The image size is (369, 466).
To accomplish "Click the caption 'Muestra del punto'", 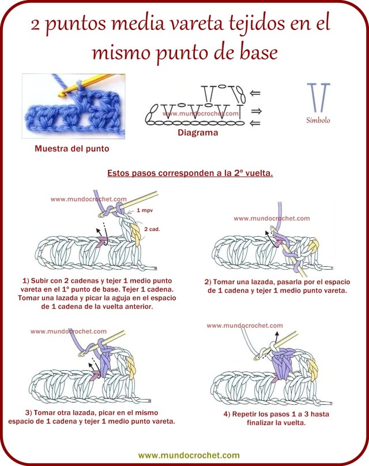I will coord(71,148).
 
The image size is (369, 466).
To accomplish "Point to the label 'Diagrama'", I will coord(197,132).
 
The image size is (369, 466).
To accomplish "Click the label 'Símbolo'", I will coord(318,121).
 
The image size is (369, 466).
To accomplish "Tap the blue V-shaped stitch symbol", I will coord(318,97).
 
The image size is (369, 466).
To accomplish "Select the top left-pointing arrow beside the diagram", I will coord(256,92).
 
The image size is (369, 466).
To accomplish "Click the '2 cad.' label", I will coord(152,229).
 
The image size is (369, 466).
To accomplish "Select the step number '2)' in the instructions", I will coord(208,282).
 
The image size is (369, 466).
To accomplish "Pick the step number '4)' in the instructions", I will coord(227,414).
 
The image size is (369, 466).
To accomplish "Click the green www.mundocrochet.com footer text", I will coord(189,455).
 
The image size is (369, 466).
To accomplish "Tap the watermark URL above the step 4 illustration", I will coord(244,326).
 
